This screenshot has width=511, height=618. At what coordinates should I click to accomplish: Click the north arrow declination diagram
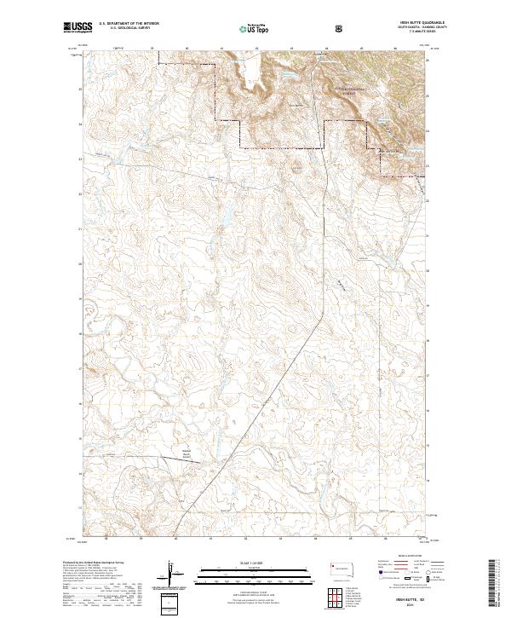click(x=169, y=575)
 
